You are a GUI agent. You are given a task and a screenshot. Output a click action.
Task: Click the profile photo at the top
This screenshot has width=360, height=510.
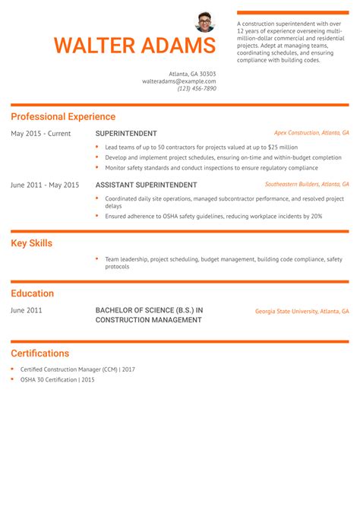click(x=205, y=21)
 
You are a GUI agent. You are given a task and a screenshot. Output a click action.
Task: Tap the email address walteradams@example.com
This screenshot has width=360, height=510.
click(x=179, y=81)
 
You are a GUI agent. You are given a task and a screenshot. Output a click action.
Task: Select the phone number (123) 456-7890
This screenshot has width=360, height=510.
click(x=197, y=88)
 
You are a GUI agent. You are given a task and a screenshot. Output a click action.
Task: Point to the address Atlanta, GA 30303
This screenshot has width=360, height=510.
click(x=192, y=73)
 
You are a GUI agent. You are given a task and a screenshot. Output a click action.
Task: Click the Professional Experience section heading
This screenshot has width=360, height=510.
click(x=63, y=117)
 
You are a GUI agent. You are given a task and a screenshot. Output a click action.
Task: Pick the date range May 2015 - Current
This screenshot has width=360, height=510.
click(x=40, y=134)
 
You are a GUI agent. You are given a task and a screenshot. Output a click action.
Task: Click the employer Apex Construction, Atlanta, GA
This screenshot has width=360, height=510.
click(x=311, y=132)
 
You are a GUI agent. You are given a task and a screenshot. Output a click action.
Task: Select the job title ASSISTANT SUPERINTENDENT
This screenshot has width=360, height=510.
click(x=146, y=185)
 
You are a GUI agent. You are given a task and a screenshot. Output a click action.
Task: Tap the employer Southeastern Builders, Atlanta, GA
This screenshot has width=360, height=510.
click(x=307, y=184)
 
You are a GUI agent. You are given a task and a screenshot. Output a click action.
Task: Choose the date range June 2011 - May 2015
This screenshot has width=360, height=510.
click(x=45, y=185)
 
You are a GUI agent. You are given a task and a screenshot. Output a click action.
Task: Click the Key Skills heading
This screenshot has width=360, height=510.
click(x=31, y=244)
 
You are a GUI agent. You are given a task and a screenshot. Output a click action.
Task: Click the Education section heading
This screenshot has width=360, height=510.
click(x=32, y=293)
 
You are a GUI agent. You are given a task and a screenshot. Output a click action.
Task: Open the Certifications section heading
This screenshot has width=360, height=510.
click(x=39, y=353)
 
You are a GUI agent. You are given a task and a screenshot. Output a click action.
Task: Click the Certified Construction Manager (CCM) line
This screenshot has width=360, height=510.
click(x=77, y=369)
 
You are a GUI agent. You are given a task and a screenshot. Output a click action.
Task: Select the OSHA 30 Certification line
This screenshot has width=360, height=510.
click(x=58, y=379)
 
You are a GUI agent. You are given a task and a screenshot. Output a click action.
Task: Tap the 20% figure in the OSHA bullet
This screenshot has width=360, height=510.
click(x=316, y=216)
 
